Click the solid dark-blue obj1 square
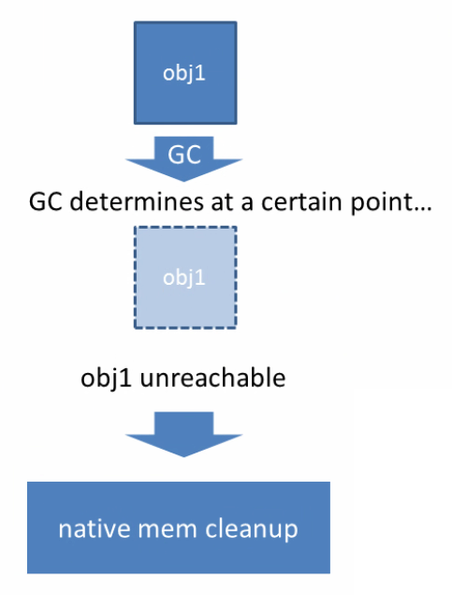point(183,70)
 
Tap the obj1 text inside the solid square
point(183,72)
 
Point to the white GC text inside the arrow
point(183,154)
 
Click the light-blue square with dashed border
point(183,276)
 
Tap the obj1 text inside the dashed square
point(183,278)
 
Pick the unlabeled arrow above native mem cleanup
point(183,436)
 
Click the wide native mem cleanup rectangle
point(178,528)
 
